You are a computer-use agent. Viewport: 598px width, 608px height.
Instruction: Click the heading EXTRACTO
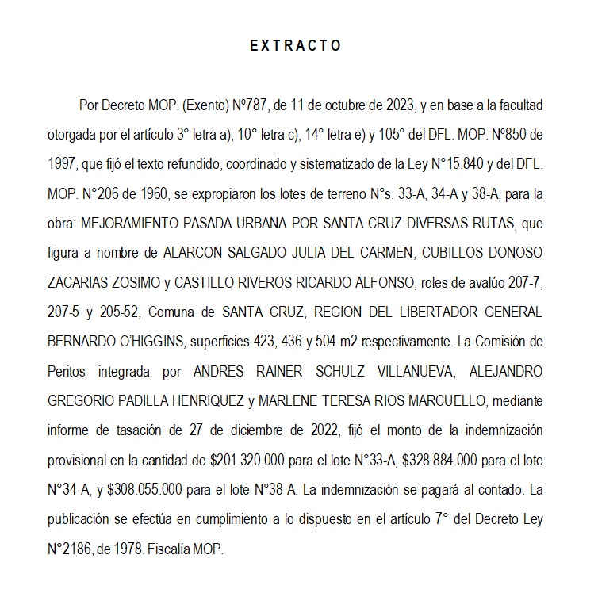click(x=296, y=46)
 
